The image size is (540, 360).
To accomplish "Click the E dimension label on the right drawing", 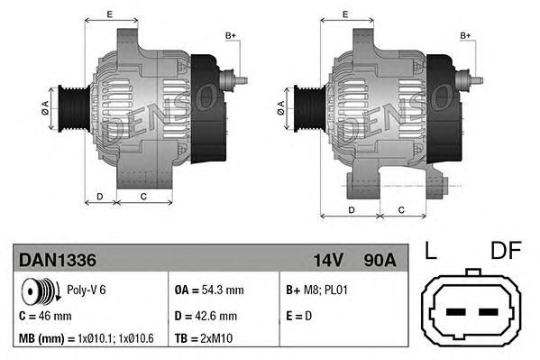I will point(346,14).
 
